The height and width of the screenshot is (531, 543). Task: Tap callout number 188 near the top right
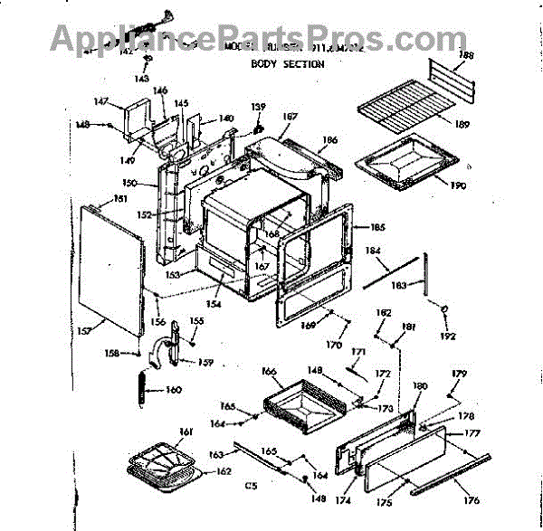(466, 56)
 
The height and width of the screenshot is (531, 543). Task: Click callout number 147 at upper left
(101, 100)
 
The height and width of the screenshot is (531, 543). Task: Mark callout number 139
(259, 108)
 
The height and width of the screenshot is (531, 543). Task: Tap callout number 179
(460, 375)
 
